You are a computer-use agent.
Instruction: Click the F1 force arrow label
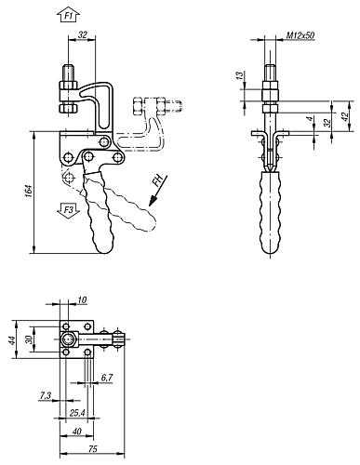pyautogui.click(x=69, y=16)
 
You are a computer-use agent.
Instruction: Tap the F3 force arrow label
pyautogui.click(x=69, y=210)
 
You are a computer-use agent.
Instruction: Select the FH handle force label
pyautogui.click(x=158, y=180)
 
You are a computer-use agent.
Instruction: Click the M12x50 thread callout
pyautogui.click(x=300, y=35)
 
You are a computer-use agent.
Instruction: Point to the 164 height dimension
pyautogui.click(x=29, y=192)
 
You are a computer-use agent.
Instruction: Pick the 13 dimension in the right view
pyautogui.click(x=240, y=75)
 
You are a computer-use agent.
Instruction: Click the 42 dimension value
pyautogui.click(x=345, y=116)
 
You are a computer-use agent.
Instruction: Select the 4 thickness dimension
pyautogui.click(x=309, y=120)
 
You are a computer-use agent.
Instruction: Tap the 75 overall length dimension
pyautogui.click(x=93, y=448)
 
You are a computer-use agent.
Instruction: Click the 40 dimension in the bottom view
pyautogui.click(x=76, y=432)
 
